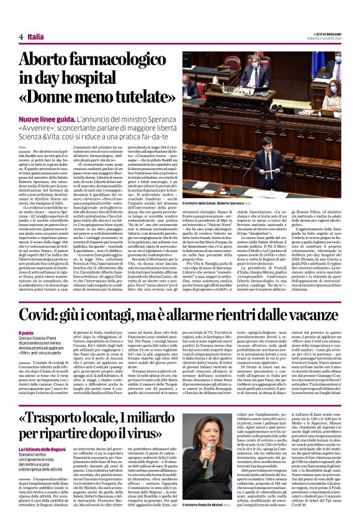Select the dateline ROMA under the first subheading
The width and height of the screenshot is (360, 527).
(22, 146)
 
